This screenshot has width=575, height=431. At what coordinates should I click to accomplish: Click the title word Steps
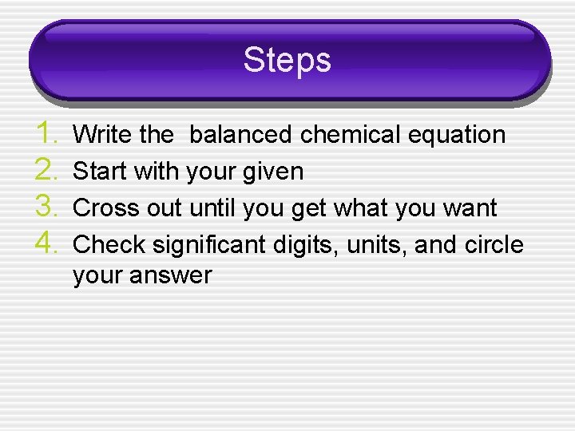pos(287,60)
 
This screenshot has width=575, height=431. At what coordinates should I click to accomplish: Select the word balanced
pos(240,135)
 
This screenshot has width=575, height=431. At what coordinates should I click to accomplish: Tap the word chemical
pos(351,135)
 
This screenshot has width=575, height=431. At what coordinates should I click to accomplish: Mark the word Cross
pos(103,208)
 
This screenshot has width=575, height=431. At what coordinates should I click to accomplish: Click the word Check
pos(105,244)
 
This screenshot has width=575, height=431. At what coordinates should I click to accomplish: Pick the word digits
pos(309,245)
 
